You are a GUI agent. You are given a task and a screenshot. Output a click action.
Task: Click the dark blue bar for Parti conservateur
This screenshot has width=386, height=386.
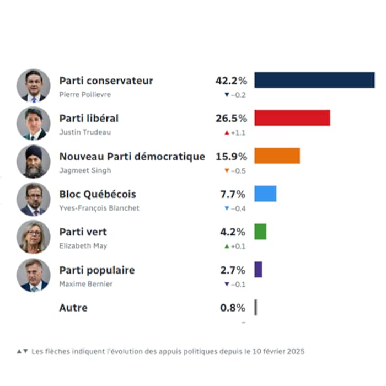coord(314,80)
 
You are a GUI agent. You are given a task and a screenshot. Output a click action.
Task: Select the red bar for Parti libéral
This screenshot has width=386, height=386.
coord(292,118)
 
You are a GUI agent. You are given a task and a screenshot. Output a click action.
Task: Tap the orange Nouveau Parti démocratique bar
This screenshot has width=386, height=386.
coord(277,156)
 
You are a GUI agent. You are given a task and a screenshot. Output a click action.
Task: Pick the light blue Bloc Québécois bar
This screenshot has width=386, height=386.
coord(265,194)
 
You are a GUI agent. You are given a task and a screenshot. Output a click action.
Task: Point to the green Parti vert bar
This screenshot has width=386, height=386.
coord(260,232)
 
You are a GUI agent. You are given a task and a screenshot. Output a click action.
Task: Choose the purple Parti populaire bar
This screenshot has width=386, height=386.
coord(258,270)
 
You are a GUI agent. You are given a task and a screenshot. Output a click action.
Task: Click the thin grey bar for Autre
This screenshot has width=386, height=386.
coord(255,308)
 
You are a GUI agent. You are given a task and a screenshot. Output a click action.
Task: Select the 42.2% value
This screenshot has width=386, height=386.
coord(231,81)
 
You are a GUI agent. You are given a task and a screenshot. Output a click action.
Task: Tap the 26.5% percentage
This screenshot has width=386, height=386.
coord(231,119)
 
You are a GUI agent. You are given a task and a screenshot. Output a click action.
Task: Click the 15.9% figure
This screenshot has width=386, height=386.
coord(231,157)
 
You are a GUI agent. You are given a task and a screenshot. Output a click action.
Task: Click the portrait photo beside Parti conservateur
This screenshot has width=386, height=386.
coord(34,85)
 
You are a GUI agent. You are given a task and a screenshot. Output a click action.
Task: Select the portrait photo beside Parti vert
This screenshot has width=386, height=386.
coord(34,237)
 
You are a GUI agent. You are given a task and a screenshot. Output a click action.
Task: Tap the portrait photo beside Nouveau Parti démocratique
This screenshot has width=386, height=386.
coord(34,161)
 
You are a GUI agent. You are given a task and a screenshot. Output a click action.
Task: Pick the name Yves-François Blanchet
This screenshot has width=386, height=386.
coord(99,208)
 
